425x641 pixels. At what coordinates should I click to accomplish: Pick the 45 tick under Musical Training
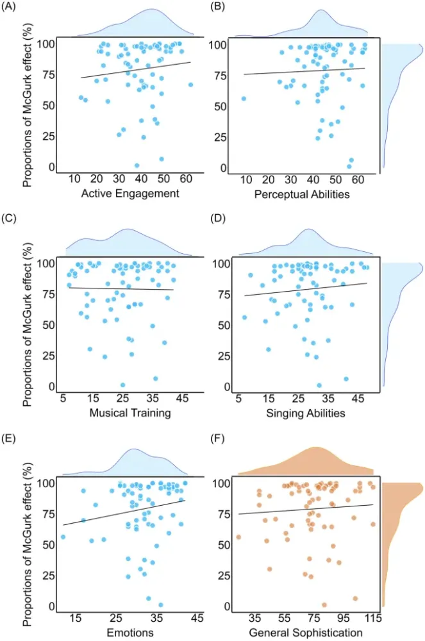pyautogui.click(x=182, y=399)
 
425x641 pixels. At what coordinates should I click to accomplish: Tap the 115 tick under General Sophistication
pyautogui.click(x=373, y=618)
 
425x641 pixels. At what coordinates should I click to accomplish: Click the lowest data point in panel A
pyautogui.click(x=137, y=165)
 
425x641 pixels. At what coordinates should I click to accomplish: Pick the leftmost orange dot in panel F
pyautogui.click(x=238, y=537)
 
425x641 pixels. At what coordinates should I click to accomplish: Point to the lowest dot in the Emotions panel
pyautogui.click(x=160, y=604)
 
